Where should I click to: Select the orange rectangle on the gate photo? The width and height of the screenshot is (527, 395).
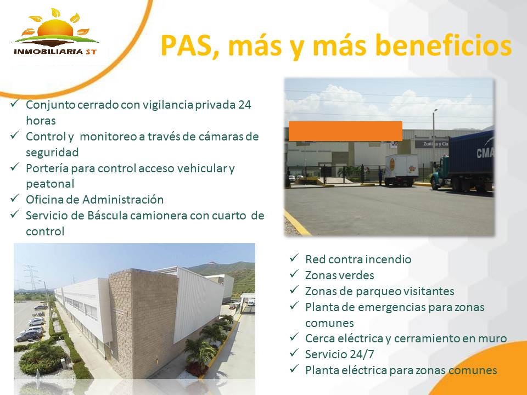click(x=345, y=131)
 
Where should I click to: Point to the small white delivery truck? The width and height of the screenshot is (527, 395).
click(x=401, y=170)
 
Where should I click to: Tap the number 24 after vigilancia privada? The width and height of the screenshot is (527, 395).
click(x=245, y=105)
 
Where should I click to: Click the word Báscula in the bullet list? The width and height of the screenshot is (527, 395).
click(x=107, y=215)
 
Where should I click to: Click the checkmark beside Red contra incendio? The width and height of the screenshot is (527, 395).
click(x=294, y=258)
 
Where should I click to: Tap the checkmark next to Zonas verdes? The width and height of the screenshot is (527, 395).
click(x=294, y=274)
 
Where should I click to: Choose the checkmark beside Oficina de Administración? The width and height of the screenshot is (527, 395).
click(x=15, y=198)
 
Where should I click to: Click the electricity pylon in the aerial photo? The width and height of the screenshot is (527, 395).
click(x=31, y=278)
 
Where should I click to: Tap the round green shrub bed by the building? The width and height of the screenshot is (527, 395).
click(x=42, y=359)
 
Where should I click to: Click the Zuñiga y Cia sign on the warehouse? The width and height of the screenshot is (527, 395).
click(x=431, y=144)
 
